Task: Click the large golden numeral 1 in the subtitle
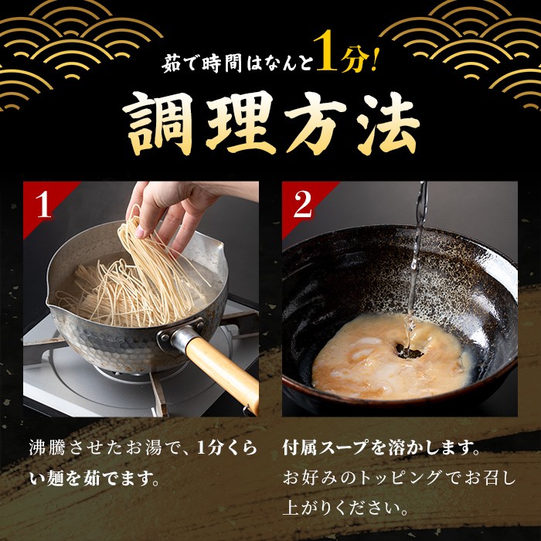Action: [x=325, y=51]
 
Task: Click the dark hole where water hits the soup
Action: [x=409, y=351]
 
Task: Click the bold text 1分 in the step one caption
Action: [x=209, y=448]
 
